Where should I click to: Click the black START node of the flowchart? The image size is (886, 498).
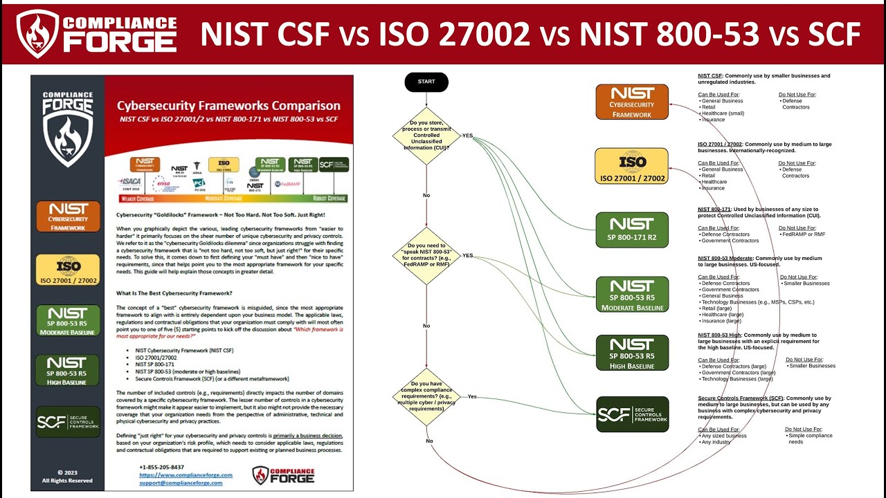pos(426,82)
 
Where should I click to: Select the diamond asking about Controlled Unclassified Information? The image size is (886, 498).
pos(426,136)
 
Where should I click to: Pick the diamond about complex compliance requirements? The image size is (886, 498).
pos(426,396)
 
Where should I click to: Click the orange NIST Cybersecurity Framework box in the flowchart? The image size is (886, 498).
pos(632,102)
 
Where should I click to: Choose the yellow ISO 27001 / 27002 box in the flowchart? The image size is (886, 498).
pos(632,166)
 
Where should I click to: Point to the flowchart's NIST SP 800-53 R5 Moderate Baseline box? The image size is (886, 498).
pos(632,294)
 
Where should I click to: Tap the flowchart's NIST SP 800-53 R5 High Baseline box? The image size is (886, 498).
pos(632,353)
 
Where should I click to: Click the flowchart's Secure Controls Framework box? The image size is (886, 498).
pos(632,414)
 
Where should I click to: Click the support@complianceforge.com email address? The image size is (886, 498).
pos(181,483)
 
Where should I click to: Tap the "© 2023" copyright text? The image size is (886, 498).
pos(67,473)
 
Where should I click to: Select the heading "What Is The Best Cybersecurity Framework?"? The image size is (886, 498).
pos(174,293)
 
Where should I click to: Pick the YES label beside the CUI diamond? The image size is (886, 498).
pos(467,136)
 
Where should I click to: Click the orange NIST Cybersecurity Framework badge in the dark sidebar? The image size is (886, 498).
pos(68,217)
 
